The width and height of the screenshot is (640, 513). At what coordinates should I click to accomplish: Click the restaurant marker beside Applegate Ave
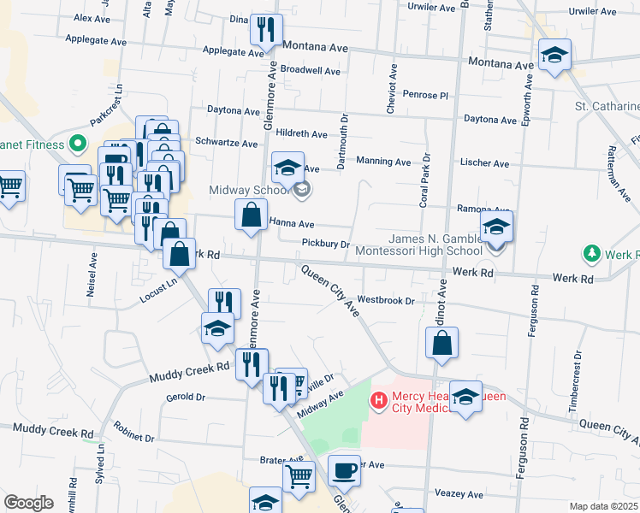[266, 31]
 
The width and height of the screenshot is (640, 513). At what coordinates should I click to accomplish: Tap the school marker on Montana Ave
[554, 56]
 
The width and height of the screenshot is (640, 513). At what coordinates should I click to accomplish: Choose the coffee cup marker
[344, 470]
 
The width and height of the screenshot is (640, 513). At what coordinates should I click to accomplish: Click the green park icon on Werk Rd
[590, 254]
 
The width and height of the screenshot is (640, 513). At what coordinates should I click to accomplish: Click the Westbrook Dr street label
[385, 301]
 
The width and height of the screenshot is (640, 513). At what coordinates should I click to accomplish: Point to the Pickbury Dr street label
[326, 244]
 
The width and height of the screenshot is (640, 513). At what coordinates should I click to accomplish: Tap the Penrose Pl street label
[426, 94]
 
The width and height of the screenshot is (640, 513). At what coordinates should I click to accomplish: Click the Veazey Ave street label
[459, 494]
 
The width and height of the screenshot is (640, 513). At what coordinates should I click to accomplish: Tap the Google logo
[28, 503]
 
